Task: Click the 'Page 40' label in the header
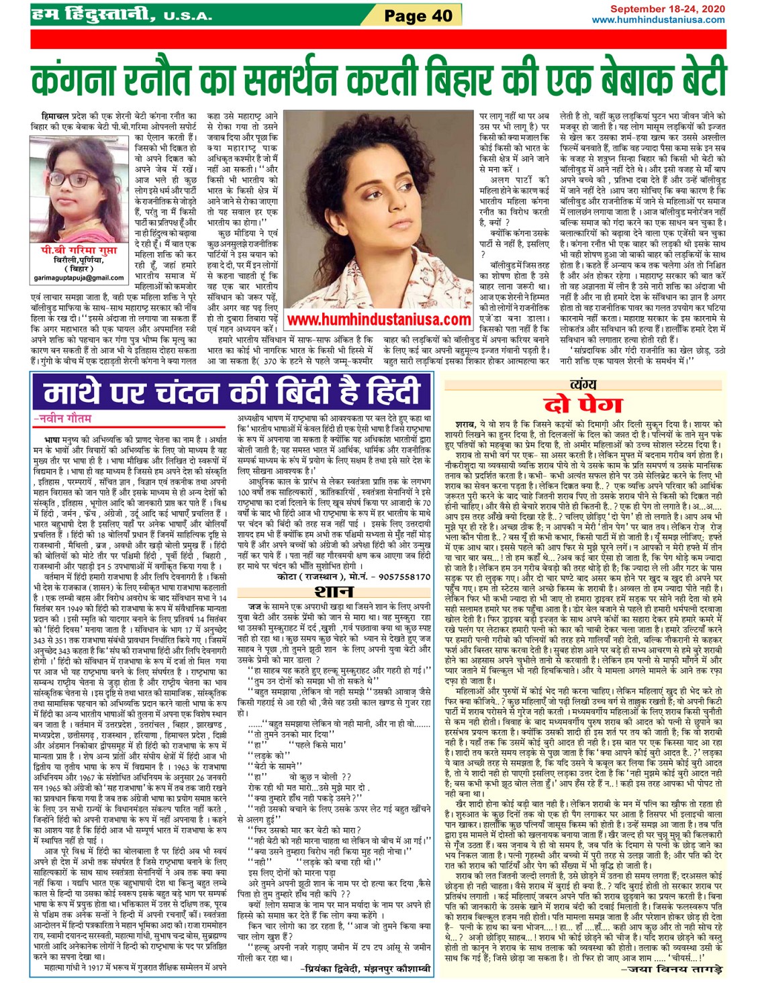pos(418,15)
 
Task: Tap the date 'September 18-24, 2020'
pos(667,9)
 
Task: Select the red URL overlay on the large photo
pos(379,319)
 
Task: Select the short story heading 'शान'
pos(334,592)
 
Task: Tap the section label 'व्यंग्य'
pos(582,384)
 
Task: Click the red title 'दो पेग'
pos(583,404)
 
